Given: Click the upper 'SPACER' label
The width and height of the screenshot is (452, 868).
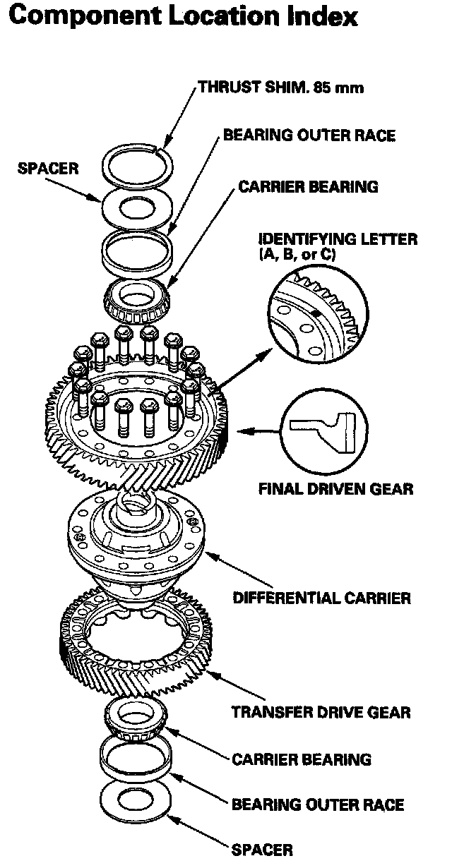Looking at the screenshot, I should coord(48,169).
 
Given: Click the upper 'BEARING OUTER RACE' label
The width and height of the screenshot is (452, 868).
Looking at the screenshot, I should coord(309,135).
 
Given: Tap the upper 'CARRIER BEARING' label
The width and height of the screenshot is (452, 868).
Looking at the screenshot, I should coord(308,187).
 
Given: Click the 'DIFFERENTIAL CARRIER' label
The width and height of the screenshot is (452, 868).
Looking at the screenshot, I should coord(321,598).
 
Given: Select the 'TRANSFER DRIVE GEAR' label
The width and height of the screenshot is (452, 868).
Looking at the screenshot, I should coord(321,712).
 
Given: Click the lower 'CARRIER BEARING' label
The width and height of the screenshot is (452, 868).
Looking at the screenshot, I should coord(302,759).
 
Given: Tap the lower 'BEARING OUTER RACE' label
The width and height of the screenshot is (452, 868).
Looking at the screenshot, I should coord(318,804).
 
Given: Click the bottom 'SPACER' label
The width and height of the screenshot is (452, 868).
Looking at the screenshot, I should coord(261,850).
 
